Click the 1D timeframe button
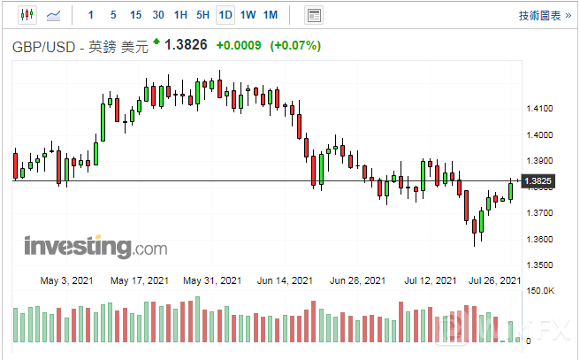(225, 15)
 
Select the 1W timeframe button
(248, 15)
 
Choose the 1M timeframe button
(271, 15)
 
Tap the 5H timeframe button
(202, 15)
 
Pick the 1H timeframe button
(180, 15)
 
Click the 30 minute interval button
(158, 15)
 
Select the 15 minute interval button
(135, 15)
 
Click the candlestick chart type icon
(27, 15)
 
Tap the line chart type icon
(54, 15)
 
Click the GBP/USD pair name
(45, 46)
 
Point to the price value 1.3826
(187, 45)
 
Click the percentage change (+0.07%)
(295, 45)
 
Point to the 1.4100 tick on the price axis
(538, 109)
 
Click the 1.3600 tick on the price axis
(538, 239)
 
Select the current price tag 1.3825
(538, 181)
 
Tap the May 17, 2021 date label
(140, 280)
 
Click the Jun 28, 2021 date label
(357, 280)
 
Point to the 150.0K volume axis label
(540, 291)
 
